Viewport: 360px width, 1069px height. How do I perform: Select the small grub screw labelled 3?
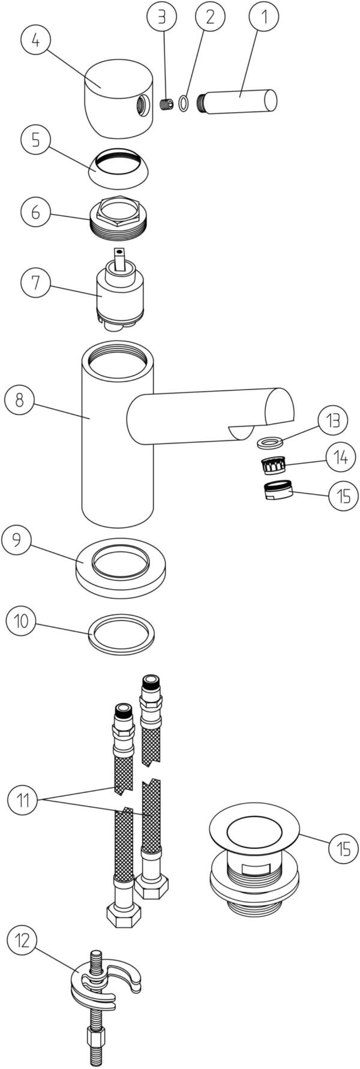pos(167,105)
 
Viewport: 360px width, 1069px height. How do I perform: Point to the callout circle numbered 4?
pos(36,41)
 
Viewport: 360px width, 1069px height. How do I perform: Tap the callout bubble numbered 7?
pos(36,282)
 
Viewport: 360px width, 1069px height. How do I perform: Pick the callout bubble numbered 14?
pos(340,457)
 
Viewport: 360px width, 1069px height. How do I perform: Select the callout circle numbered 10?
pos(22,620)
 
